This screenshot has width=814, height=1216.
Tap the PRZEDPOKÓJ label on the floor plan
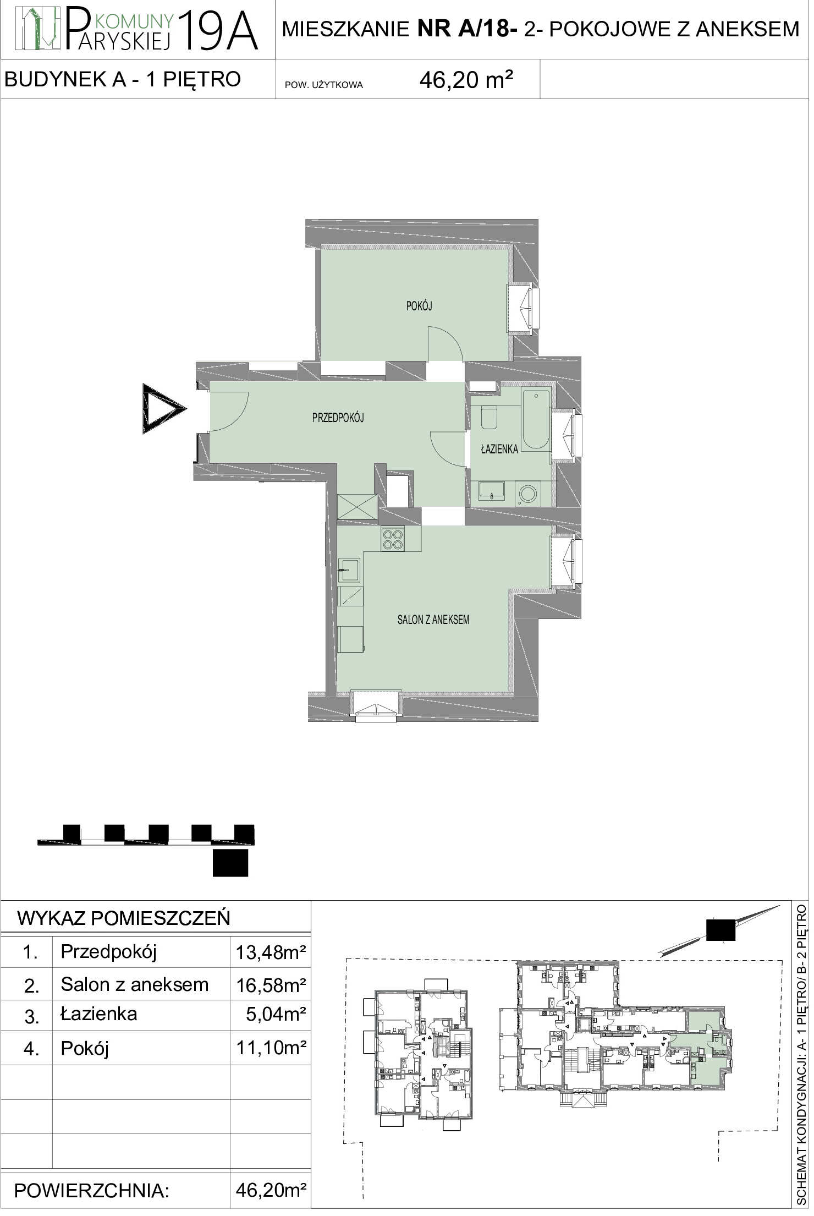click(x=338, y=418)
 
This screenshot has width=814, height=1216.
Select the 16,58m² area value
click(x=271, y=985)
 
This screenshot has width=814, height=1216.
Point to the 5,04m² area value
click(x=276, y=1015)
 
